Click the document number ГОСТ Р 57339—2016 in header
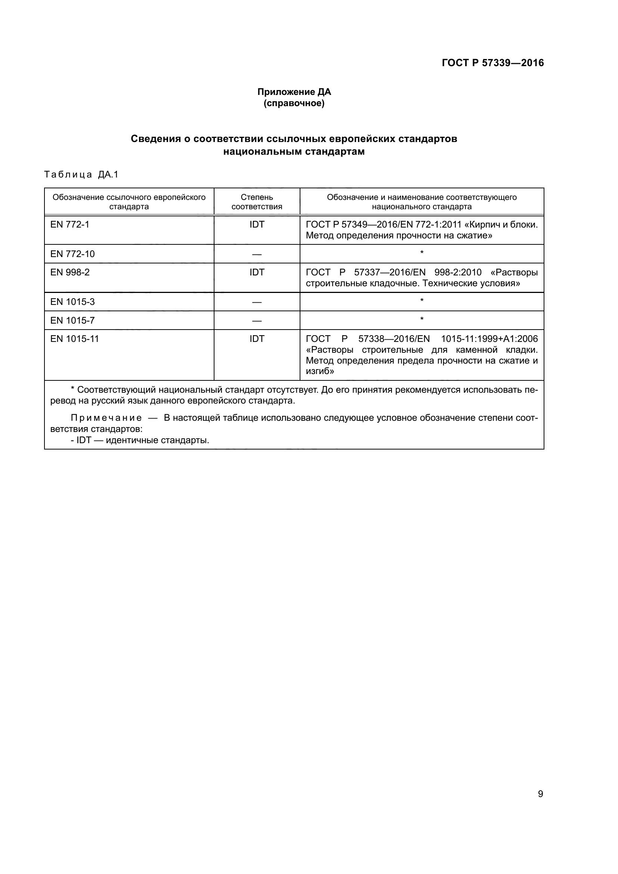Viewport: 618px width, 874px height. pos(492,63)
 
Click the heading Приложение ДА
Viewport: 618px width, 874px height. pos(294,92)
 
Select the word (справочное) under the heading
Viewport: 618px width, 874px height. pos(294,103)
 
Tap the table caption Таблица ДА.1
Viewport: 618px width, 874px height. pos(81,175)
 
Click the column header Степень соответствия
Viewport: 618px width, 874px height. pos(257,202)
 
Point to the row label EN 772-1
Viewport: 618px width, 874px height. pos(69,225)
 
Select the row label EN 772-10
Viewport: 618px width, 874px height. pos(72,254)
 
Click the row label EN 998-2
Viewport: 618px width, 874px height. pos(70,272)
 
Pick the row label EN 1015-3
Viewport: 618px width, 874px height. pos(72,302)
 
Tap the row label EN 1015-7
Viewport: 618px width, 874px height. pos(72,321)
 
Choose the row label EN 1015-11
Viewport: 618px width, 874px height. pos(75,339)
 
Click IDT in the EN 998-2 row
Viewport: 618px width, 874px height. pos(257,272)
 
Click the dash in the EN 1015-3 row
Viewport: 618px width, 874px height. pos(257,302)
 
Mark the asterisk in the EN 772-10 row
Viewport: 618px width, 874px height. pos(421,253)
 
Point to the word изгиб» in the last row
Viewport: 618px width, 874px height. pos(320,371)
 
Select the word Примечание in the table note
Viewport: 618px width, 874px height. pos(106,418)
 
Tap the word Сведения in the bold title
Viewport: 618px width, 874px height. pos(156,139)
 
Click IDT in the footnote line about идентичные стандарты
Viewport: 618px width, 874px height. pos(84,441)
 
